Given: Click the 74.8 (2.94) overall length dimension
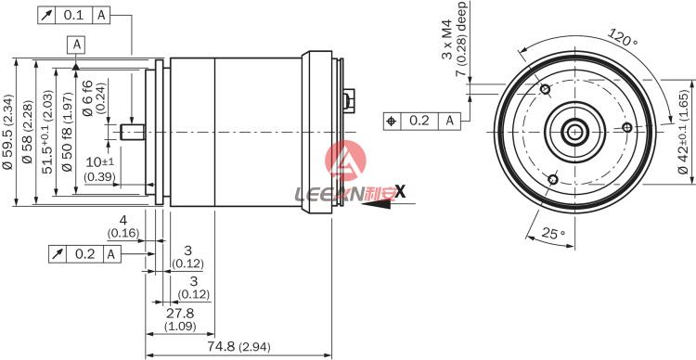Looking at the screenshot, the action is click(x=238, y=347).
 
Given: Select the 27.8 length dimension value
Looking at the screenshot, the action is click(x=180, y=314).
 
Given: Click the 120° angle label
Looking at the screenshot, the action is click(x=623, y=38).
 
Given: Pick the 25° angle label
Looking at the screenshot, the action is click(x=553, y=233).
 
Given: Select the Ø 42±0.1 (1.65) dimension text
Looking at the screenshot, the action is click(x=683, y=132).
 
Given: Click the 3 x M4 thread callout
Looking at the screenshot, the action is click(x=446, y=39).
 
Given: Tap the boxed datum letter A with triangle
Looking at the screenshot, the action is click(x=76, y=45).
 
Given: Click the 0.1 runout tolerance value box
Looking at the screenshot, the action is click(x=73, y=15).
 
